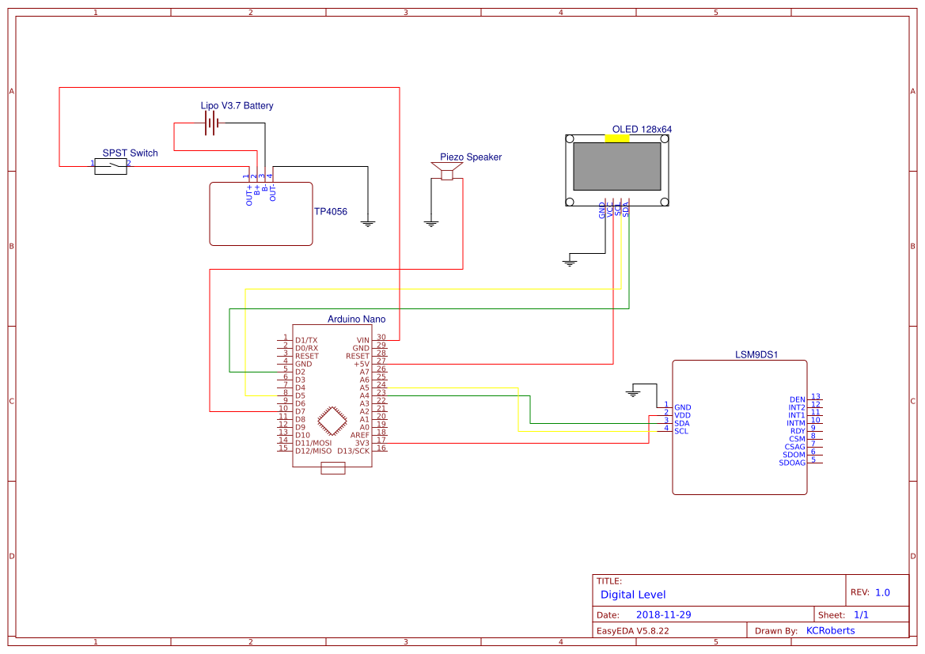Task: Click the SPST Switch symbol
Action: (x=111, y=166)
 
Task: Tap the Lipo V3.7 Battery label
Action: (x=237, y=105)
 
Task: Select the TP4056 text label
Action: (x=331, y=212)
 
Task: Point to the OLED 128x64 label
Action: (x=642, y=129)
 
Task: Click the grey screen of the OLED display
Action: (x=617, y=166)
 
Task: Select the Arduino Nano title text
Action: (x=356, y=319)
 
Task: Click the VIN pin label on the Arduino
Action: (x=362, y=340)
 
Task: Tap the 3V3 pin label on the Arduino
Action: (x=362, y=443)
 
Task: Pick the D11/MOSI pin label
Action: (x=313, y=443)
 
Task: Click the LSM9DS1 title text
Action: (x=756, y=355)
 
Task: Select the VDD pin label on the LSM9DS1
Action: (x=682, y=415)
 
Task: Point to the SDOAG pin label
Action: (x=792, y=463)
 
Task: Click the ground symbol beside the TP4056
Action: (x=367, y=223)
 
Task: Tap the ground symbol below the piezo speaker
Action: (x=431, y=223)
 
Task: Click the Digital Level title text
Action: (x=633, y=594)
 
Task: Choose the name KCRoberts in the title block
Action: (x=830, y=630)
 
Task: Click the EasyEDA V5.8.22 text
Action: (x=633, y=630)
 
